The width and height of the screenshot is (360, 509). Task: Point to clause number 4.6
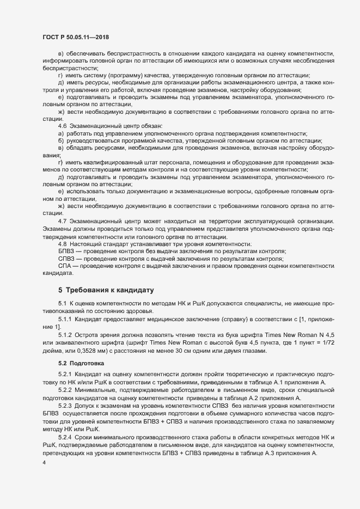point(62,140)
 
